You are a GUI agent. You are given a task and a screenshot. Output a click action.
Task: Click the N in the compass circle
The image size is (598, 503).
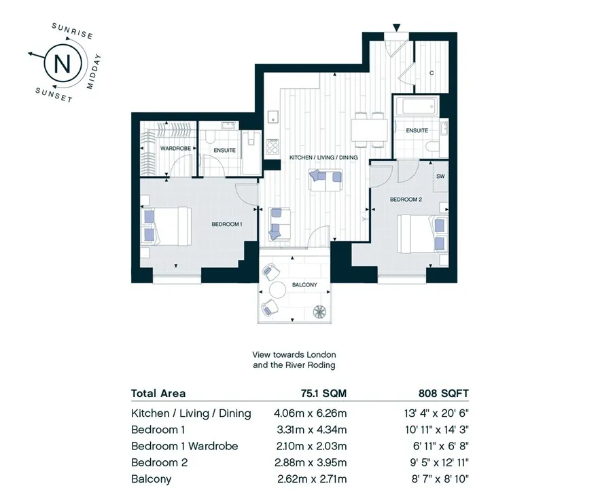coord(63,64)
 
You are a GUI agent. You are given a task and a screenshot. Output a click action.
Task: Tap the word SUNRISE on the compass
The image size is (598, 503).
coord(73,31)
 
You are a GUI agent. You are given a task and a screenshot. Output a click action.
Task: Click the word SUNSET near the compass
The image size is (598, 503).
coord(54,95)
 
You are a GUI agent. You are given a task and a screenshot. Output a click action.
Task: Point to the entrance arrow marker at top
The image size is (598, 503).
coord(397,27)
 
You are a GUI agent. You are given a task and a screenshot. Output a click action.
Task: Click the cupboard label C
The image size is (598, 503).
coord(432,73)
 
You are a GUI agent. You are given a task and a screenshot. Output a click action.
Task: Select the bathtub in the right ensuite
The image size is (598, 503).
coord(416,107)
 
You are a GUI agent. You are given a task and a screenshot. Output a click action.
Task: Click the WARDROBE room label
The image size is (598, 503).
coord(175,148)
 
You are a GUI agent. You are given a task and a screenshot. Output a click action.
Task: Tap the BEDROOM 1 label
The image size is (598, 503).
coord(227,224)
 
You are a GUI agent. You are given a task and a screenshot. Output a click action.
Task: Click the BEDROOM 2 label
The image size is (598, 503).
coord(406,200)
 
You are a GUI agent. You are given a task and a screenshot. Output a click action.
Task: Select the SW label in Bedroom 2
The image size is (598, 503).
coord(440,176)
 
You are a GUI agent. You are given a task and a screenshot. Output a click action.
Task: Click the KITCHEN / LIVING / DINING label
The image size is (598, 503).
coord(323,157)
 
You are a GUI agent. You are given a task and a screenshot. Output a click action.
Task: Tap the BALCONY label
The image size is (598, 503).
coord(304,284)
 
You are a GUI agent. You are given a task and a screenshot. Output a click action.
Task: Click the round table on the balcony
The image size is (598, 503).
coord(278,290)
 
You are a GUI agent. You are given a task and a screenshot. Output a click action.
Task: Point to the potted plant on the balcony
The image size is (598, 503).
coord(319,312)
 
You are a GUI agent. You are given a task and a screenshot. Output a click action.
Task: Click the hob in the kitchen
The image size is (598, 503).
coord(272,147)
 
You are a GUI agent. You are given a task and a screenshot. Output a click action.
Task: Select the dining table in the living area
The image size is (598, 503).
coord(370,130)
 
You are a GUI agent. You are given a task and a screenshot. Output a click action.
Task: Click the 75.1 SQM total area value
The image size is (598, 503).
coord(323,393)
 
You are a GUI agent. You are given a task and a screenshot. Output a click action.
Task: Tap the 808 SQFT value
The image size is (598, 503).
coord(444,393)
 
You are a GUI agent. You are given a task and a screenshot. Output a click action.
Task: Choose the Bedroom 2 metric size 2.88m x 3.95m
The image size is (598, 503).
coord(311,462)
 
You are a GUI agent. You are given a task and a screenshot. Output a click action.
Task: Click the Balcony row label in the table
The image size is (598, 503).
coord(152,479)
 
